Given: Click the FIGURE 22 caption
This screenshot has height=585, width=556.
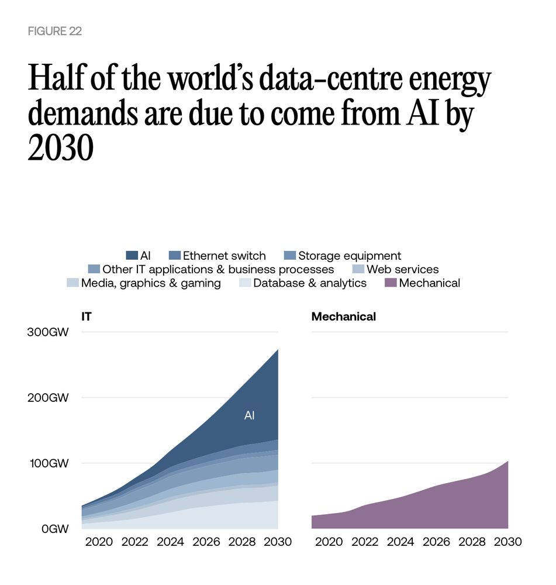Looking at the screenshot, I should click(54, 32).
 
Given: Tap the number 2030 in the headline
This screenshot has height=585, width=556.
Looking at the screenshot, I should click(61, 149).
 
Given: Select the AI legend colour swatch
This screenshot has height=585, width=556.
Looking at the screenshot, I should click(132, 256).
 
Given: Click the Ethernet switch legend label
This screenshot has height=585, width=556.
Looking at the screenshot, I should click(224, 256).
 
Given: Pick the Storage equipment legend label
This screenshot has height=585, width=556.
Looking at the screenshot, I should click(350, 256).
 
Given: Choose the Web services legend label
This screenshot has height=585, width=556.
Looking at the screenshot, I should click(402, 269).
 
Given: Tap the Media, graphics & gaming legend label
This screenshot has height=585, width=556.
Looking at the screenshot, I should click(151, 283).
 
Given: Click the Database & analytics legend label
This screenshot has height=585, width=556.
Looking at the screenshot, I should click(310, 283).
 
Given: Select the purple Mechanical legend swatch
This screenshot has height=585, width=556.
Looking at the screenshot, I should click(391, 283).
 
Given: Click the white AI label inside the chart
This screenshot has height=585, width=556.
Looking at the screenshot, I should click(249, 416).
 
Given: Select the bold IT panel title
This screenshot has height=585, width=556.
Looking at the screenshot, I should click(87, 317).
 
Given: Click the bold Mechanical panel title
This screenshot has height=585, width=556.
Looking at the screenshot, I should click(344, 317).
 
